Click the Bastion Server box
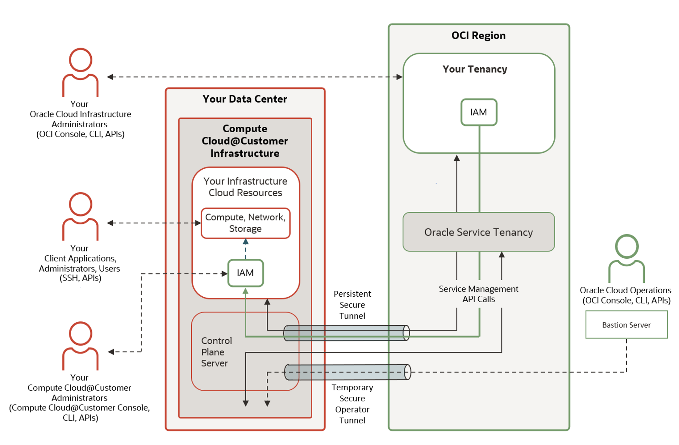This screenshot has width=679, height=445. [626, 325]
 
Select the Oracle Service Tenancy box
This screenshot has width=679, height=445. [478, 232]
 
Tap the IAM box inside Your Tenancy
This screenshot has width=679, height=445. [478, 112]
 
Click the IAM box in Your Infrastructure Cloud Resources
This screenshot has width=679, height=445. [245, 273]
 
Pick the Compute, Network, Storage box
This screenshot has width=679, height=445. [245, 223]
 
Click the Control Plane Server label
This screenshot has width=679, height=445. [216, 352]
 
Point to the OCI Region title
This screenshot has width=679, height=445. [478, 36]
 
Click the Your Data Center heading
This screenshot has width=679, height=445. [245, 99]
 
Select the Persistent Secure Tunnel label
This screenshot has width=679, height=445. [352, 305]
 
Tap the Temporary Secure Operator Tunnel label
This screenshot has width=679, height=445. [352, 404]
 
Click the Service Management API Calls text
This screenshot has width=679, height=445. [478, 294]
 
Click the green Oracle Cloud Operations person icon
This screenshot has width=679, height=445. [627, 258]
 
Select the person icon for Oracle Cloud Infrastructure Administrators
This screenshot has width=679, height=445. [80, 72]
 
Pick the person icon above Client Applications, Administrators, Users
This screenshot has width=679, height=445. [80, 216]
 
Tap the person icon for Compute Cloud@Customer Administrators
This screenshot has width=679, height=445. [80, 345]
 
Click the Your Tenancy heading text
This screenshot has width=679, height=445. [475, 69]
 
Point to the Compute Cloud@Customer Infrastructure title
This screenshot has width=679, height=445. [245, 141]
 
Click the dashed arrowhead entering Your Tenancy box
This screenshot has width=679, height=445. [399, 77]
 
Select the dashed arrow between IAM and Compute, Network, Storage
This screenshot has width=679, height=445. [246, 248]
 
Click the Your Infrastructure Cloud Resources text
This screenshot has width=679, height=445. [245, 187]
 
